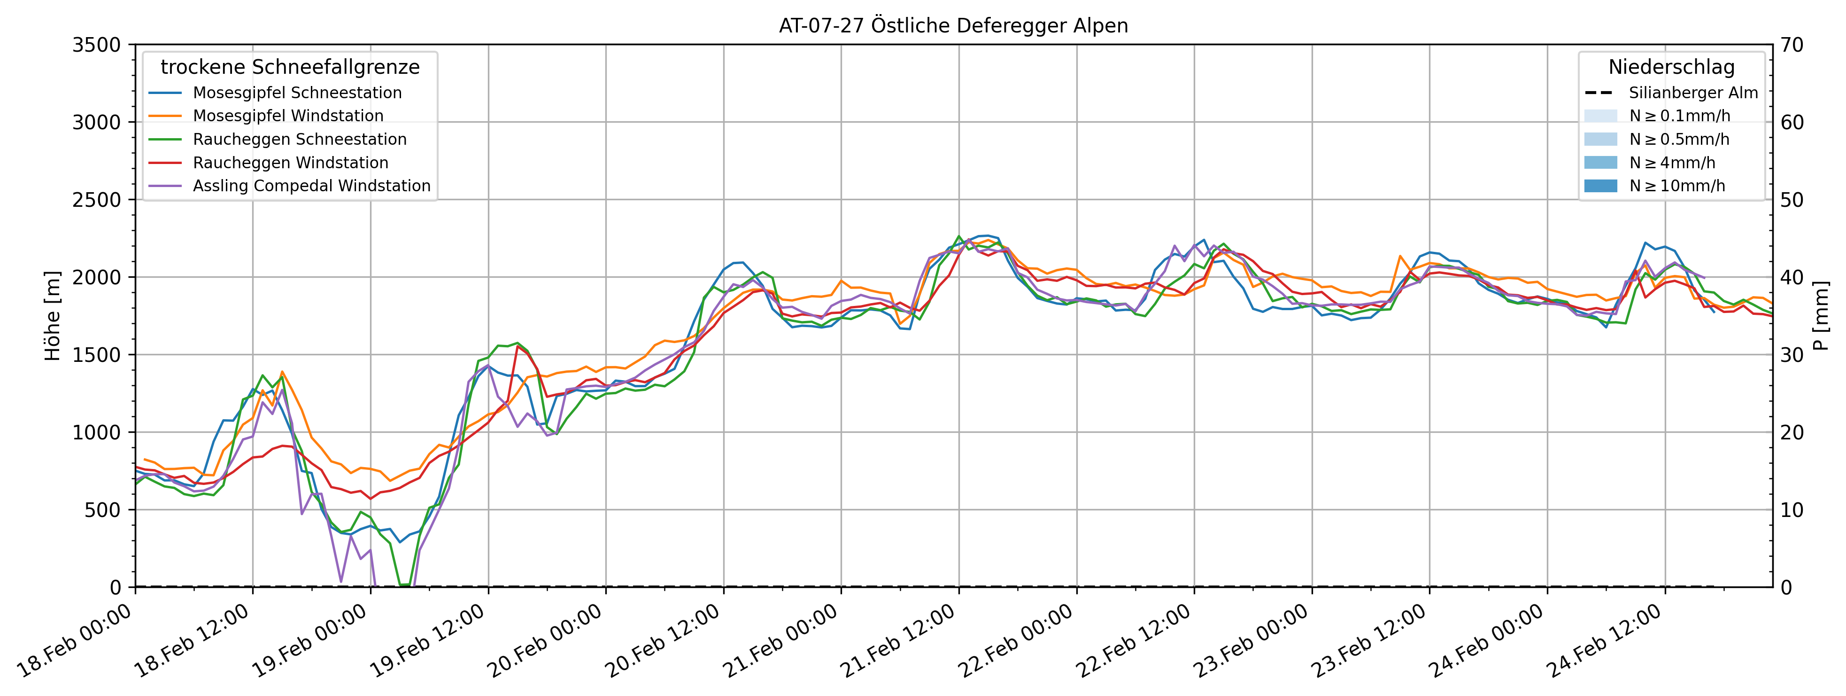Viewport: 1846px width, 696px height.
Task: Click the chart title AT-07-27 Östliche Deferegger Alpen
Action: [953, 26]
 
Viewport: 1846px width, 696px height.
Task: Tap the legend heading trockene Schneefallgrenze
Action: [290, 67]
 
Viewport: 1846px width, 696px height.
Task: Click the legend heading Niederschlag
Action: [1671, 67]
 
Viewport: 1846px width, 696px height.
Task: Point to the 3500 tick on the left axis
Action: [97, 45]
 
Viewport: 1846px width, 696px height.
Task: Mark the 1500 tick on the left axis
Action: [97, 355]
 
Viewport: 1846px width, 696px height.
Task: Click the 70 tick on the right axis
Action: [1792, 45]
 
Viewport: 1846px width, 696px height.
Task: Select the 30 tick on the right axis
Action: [1792, 355]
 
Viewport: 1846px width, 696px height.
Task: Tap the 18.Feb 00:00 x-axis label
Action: [75, 640]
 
